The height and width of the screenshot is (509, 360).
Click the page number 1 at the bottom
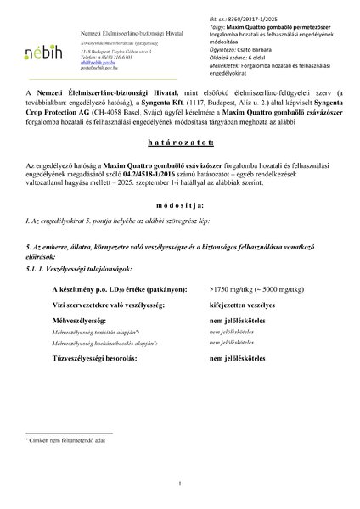pyautogui.click(x=180, y=484)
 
